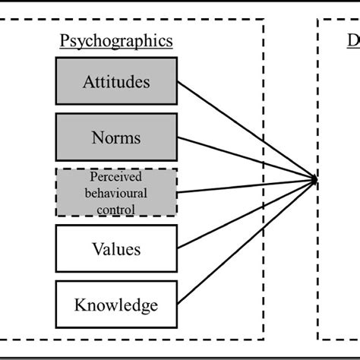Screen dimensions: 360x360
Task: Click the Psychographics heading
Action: [116, 41]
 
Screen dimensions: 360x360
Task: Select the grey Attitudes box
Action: [116, 81]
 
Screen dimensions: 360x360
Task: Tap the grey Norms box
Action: [116, 137]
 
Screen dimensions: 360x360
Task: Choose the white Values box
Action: [116, 248]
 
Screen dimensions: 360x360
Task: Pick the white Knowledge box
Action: [116, 305]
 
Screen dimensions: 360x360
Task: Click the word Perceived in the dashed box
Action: [116, 178]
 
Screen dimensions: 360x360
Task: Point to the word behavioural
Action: [116, 193]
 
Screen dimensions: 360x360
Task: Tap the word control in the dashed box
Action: [116, 208]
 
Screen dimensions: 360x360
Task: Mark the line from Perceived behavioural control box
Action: [243, 186]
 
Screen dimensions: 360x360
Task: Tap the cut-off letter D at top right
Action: [353, 41]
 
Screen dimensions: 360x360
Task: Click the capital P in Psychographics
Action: [65, 41]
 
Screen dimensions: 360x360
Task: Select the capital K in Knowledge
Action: [81, 305]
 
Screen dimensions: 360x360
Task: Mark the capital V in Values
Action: [96, 248]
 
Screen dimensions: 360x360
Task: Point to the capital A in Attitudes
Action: [87, 81]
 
